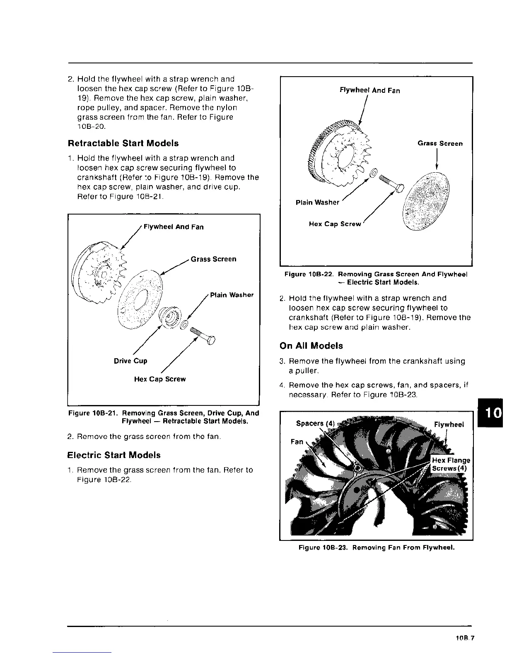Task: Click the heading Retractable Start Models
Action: (123, 143)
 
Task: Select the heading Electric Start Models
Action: (114, 455)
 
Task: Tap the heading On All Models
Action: (311, 346)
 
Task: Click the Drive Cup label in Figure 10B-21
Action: (130, 361)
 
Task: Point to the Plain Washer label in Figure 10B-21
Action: (232, 295)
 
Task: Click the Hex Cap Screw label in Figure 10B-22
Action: (335, 224)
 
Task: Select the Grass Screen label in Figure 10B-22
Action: (440, 144)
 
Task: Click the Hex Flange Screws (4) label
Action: (451, 464)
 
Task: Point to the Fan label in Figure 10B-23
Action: (297, 441)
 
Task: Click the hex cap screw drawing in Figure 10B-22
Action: (392, 184)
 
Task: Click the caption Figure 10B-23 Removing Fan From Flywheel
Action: (377, 547)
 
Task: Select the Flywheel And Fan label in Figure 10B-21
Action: (173, 227)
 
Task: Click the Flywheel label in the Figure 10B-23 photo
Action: (449, 424)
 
